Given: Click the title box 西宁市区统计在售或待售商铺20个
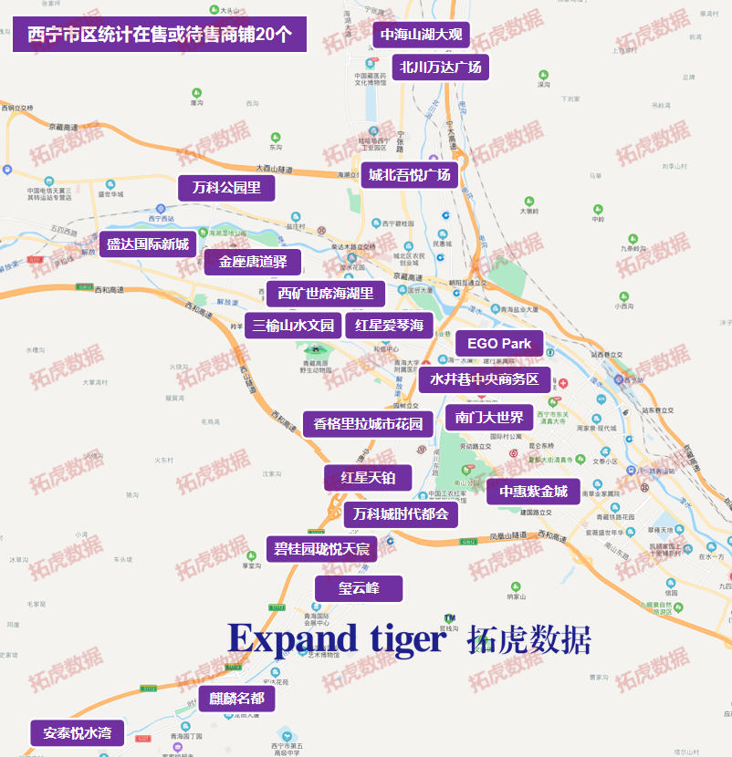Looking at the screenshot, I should pos(160,36).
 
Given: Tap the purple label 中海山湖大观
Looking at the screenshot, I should pos(422,36).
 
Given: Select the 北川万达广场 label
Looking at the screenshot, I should pos(441,67).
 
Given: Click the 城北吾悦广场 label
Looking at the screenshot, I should pos(409,175).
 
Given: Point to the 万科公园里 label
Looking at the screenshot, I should pos(226,189).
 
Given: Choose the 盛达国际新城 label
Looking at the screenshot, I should pos(147,244).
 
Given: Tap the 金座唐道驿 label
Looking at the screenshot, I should pos(253,263).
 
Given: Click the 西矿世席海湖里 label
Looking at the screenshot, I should pos(326,294).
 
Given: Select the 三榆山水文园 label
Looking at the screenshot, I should pos(293,326).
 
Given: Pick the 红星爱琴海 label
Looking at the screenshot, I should pos(390,326).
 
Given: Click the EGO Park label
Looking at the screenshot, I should pos(499,344).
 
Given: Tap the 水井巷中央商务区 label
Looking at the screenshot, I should pos(485,379).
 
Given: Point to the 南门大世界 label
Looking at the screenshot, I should pos(489,419).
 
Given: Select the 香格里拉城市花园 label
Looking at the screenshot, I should pos(368,424).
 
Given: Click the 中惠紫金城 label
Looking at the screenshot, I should pos(533,492).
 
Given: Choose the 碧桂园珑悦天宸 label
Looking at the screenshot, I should pos(322,549).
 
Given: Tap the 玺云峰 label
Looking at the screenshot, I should pos(359,588).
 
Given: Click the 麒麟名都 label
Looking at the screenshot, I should pos(236,700).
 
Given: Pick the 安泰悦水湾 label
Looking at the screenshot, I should pos(78,733).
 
